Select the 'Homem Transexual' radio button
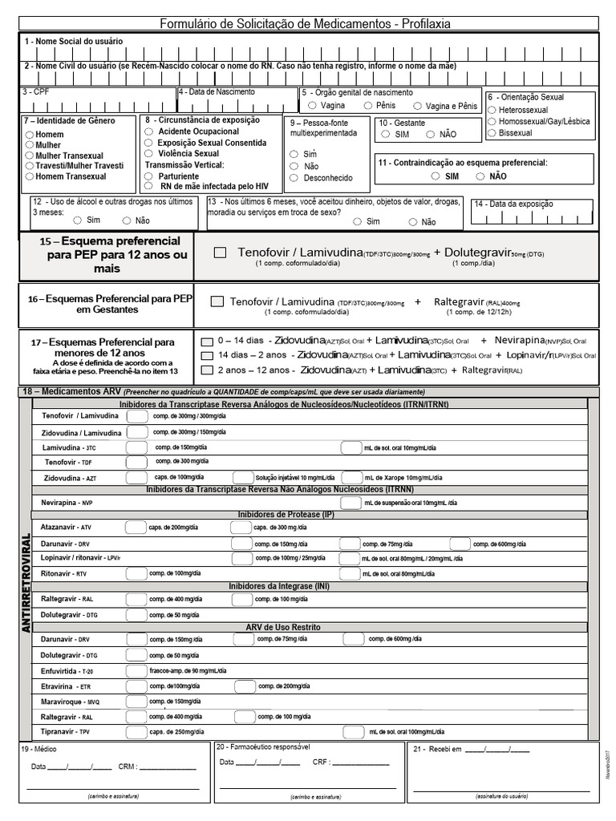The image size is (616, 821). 30,176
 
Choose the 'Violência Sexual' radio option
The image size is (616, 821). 150,153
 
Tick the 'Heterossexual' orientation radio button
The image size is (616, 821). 492,110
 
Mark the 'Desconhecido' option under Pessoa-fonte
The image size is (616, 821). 294,178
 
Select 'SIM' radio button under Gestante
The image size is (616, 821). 386,135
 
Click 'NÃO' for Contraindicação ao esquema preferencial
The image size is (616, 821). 480,176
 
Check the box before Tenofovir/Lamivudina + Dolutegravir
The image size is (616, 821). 220,253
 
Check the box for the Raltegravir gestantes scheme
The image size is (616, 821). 216,301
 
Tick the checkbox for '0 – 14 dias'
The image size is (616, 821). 207,342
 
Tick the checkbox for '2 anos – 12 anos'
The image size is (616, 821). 207,370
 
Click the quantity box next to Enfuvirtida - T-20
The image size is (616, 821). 137,669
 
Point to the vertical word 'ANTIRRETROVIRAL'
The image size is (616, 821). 26,582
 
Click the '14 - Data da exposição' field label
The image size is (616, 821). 513,204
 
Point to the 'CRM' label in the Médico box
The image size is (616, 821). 126,766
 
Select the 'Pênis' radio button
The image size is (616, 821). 368,105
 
